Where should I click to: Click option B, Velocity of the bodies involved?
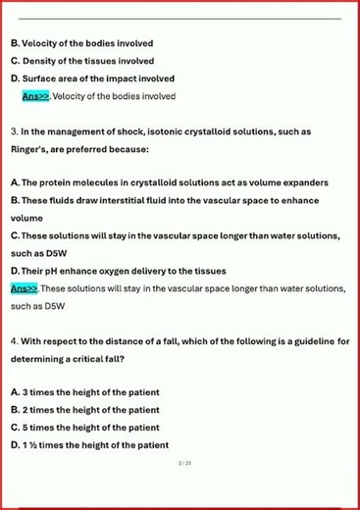[82, 44]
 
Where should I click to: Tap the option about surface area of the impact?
[92, 78]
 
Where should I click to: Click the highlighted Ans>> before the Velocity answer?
[35, 96]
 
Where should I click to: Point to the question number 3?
[13, 131]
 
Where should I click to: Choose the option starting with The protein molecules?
[169, 182]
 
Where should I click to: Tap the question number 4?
[14, 341]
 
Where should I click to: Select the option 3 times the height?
[84, 392]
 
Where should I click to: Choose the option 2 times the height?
[84, 410]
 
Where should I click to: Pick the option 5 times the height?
[84, 428]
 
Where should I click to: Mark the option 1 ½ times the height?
[89, 445]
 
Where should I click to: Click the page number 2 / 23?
[184, 462]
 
